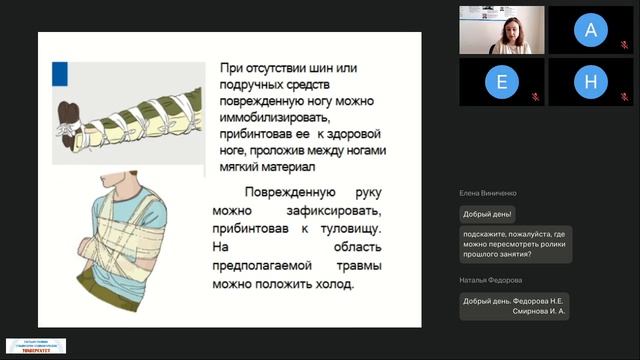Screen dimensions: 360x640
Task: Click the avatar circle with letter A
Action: [x=590, y=31]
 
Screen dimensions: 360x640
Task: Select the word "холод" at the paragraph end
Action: [x=335, y=284]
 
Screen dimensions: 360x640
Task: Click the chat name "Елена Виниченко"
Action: [x=488, y=193]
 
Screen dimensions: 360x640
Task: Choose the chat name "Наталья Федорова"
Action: [x=490, y=281]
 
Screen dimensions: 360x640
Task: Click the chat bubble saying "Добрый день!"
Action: [x=488, y=214]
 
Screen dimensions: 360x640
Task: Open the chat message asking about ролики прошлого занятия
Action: [x=516, y=244]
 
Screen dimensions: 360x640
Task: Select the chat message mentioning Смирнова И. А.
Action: [x=514, y=306]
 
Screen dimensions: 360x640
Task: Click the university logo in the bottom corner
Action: [x=36, y=346]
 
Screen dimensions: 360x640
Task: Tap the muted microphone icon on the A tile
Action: [x=624, y=47]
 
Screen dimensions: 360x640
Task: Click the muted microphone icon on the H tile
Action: [x=624, y=98]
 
